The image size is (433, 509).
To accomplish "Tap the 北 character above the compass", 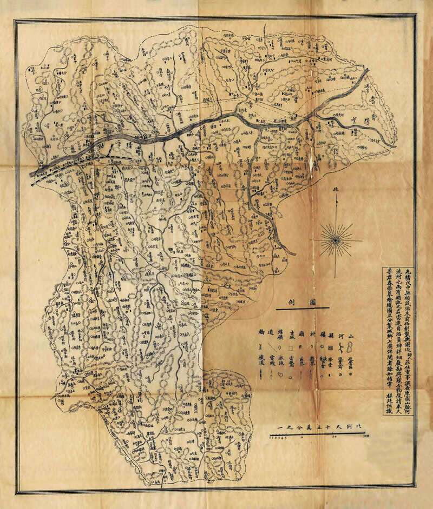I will (x=336, y=190).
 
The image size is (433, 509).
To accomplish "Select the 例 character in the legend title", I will (x=291, y=304).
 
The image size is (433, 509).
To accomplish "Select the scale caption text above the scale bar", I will (x=319, y=427).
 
